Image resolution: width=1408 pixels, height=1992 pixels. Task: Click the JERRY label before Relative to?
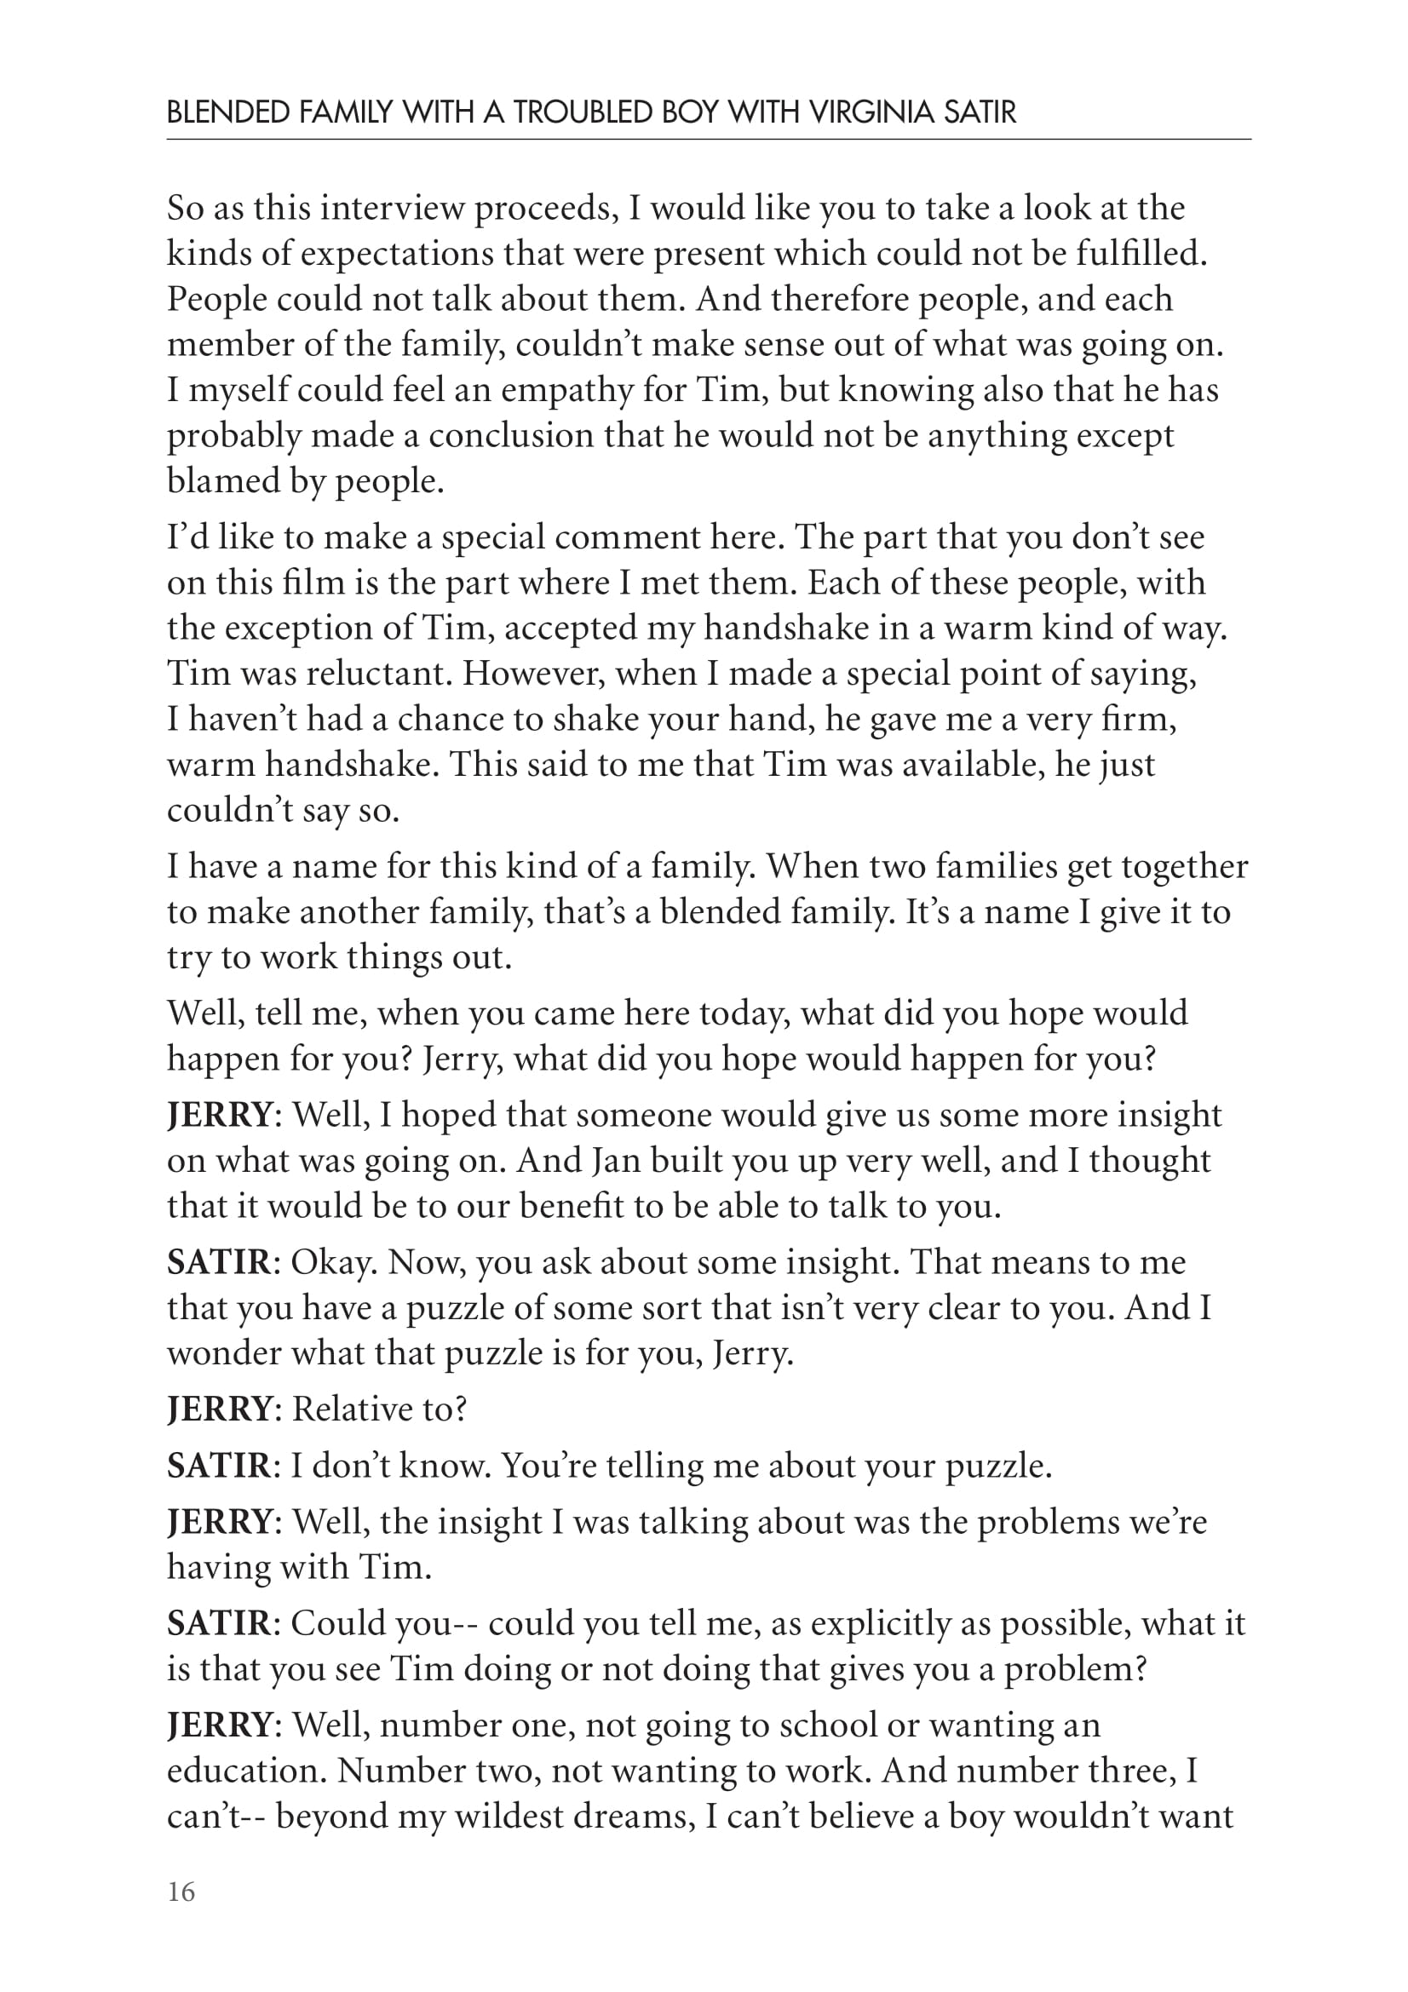click(220, 1409)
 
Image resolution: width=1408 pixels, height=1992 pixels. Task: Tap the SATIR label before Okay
click(219, 1262)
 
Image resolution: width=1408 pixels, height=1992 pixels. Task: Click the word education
click(246, 1771)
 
